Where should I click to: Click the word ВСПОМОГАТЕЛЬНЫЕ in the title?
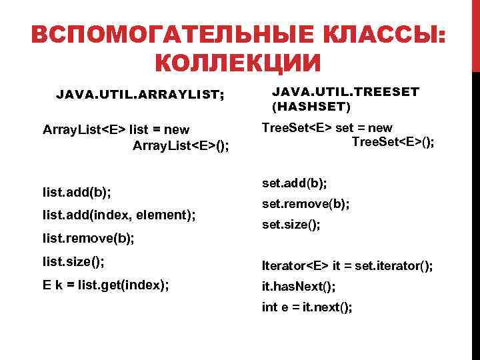point(160,35)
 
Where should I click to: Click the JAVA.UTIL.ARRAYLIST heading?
point(140,95)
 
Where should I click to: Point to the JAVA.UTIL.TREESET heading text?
point(345,92)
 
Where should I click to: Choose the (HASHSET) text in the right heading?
point(310,106)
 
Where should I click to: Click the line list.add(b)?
point(77,193)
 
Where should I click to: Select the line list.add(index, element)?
point(119,215)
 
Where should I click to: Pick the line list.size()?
point(73,259)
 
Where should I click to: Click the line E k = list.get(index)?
point(105,285)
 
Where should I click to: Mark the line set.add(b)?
point(294,182)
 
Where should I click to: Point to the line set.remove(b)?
point(305,204)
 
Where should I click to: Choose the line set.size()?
point(291,225)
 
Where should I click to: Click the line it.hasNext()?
point(299,287)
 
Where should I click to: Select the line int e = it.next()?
point(307,307)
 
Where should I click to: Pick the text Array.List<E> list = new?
point(115,129)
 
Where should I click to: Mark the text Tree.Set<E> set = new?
point(327,127)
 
